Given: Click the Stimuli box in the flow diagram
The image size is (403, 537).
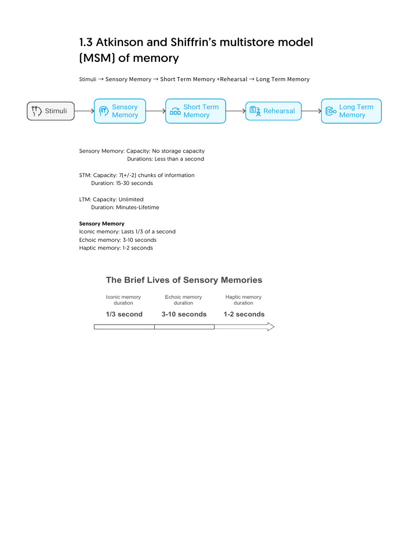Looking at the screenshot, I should click(x=50, y=111).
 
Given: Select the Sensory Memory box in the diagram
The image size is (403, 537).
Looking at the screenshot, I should click(x=120, y=111).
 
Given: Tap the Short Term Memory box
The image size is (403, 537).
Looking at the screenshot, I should click(x=196, y=111).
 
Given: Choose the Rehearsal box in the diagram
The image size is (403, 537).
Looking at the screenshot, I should click(x=273, y=111).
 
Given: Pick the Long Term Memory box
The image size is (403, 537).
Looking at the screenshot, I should click(x=351, y=111).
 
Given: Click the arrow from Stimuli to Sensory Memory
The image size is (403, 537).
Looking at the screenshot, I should click(x=84, y=111).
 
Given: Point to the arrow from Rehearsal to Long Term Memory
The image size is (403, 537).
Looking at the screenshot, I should click(x=311, y=111).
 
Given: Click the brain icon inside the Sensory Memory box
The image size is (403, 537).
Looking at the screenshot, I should click(x=103, y=111).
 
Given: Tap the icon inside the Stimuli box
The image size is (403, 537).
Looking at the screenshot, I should click(x=36, y=111).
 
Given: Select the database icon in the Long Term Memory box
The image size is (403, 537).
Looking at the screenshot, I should click(x=331, y=111).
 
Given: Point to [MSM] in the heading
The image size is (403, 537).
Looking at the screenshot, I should click(x=97, y=58).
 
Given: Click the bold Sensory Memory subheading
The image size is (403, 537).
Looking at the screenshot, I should click(x=101, y=223).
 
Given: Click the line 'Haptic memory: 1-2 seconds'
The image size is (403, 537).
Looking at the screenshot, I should click(x=116, y=248).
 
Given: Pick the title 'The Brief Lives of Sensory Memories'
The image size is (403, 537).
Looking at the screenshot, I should click(x=184, y=280).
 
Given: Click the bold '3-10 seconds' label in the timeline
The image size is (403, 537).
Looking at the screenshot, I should click(x=184, y=314).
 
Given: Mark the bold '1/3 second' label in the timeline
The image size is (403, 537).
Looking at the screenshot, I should click(x=124, y=314).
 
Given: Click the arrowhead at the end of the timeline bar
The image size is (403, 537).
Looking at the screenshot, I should click(x=270, y=327).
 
